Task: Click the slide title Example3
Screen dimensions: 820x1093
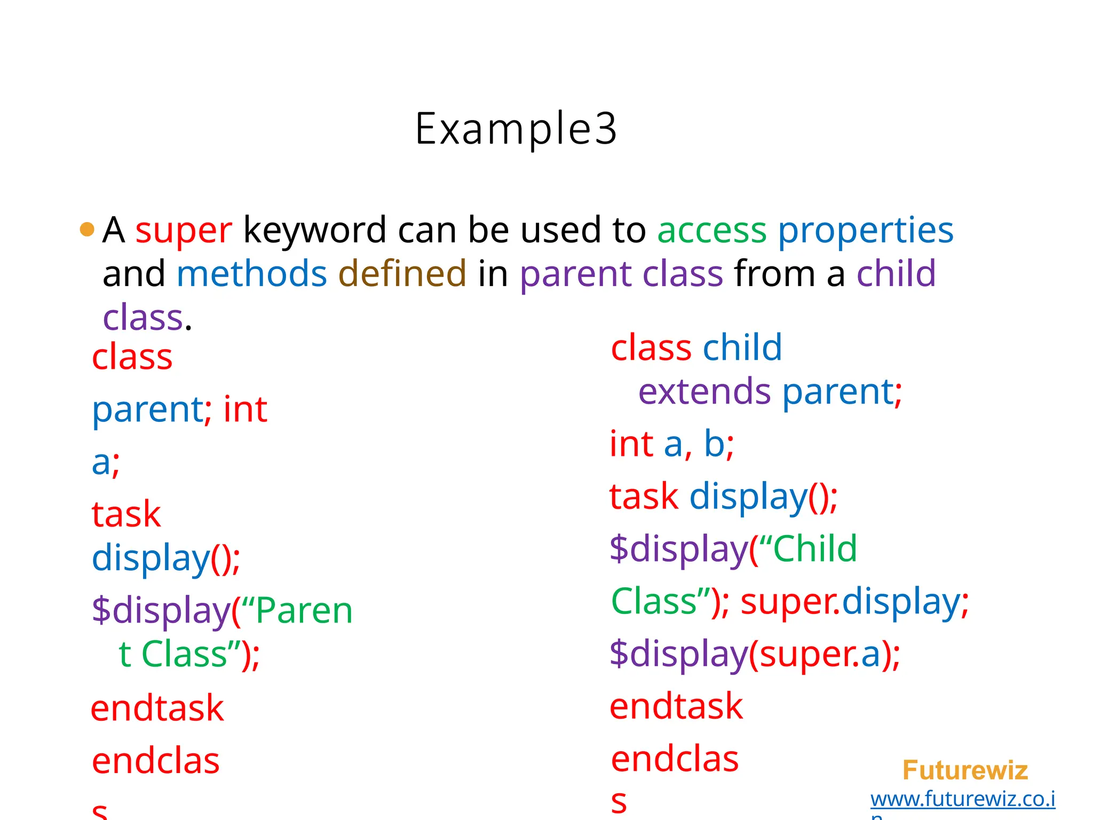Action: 516,129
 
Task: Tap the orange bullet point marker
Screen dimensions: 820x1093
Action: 87,230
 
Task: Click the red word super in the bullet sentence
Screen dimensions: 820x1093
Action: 184,231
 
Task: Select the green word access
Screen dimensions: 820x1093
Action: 711,231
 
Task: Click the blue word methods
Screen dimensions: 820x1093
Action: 251,274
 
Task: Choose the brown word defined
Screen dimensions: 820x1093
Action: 402,274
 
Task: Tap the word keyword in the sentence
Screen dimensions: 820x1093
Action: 315,231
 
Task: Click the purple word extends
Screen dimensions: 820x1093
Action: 704,392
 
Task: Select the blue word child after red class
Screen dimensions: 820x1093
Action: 742,348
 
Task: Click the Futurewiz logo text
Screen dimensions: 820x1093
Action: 965,770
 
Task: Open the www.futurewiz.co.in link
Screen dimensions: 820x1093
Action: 962,799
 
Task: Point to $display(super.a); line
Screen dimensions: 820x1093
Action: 755,654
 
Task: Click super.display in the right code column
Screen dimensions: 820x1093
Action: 854,602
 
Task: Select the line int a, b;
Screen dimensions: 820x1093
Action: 672,444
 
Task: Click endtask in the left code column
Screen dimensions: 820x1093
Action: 157,708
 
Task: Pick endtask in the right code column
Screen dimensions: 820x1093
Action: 676,706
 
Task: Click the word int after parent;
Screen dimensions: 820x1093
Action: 245,410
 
